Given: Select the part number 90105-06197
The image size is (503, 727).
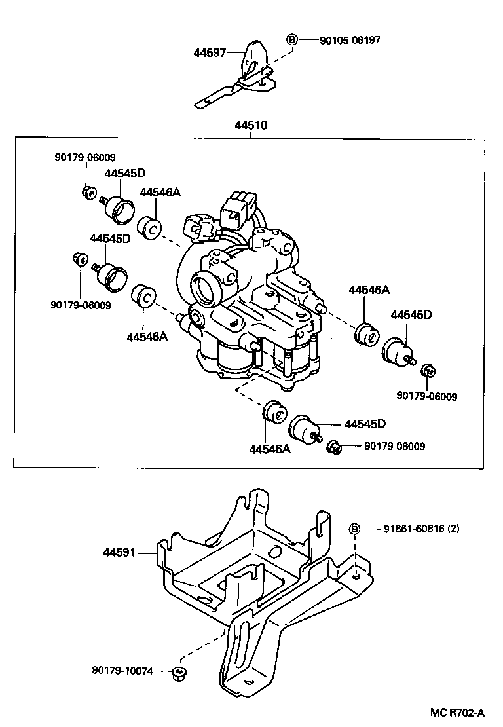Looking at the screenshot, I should (x=350, y=41).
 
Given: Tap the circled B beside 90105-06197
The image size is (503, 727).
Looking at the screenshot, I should (x=292, y=40).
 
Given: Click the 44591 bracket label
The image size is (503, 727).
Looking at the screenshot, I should (x=119, y=553).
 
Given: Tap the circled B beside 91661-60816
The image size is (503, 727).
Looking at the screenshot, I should (x=354, y=529).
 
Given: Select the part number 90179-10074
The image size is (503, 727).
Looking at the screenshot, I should (x=122, y=671).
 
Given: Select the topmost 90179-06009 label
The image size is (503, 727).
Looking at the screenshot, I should (x=84, y=157).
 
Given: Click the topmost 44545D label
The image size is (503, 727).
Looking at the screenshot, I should (x=124, y=174).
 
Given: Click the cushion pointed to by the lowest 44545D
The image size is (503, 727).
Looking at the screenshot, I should (x=303, y=429).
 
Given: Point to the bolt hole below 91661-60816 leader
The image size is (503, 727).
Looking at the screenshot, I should (x=354, y=576).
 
